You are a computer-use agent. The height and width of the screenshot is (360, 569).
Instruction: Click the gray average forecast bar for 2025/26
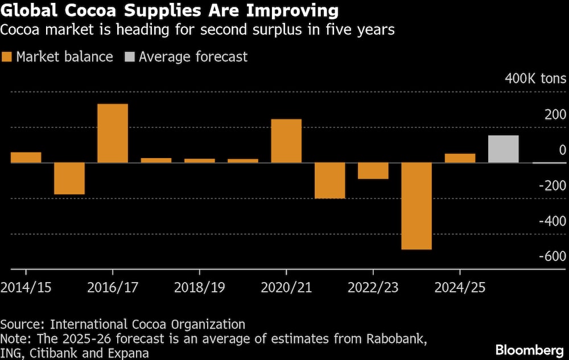503,149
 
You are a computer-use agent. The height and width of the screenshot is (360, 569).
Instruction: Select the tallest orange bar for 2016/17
112,133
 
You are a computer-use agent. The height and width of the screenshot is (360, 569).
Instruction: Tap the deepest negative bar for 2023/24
416,206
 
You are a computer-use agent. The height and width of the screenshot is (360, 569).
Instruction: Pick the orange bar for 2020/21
286,140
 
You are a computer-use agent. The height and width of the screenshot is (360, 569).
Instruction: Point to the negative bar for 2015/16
69,179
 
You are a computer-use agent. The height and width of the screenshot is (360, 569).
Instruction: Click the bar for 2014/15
26,158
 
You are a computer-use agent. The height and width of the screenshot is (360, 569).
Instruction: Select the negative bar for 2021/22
329,180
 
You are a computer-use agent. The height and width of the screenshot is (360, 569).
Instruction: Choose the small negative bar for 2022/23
373,171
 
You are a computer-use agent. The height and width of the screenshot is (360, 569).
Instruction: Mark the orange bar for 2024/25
460,158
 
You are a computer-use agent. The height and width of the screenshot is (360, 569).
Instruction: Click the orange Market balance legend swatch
7,57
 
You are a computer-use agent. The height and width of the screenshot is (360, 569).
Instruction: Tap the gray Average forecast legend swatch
129,57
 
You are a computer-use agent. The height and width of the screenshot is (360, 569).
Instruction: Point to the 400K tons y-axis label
535,78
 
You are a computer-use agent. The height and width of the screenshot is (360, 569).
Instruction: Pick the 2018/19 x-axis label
199,287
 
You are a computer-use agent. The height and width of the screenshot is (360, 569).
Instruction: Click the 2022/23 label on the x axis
373,287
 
